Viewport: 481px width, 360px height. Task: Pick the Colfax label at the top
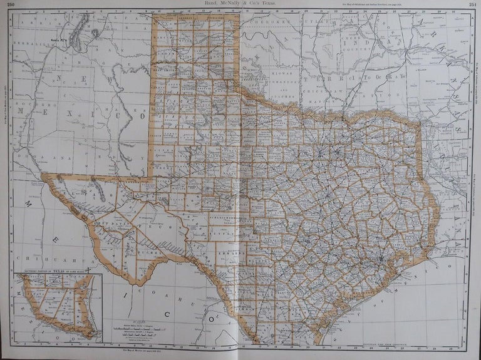pos(128,19)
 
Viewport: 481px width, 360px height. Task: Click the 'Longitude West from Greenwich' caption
pos(385,345)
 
